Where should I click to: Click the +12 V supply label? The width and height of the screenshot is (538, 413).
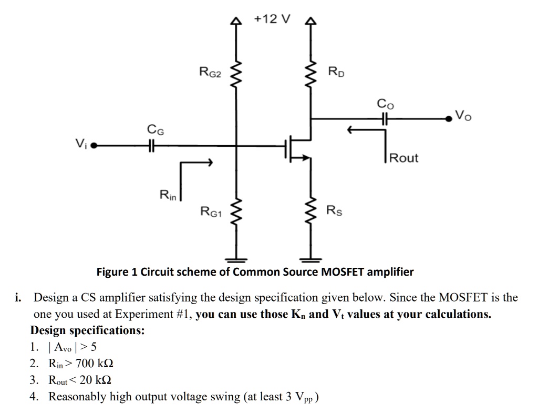coord(272,19)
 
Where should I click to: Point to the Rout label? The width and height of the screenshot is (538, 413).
coord(404,158)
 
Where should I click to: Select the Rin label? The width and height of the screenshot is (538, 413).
coord(169,195)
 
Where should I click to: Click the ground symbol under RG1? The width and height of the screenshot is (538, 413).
coord(236,259)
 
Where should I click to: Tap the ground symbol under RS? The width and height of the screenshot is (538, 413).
coord(312,259)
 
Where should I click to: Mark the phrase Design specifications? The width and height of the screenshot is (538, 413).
coord(88,330)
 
